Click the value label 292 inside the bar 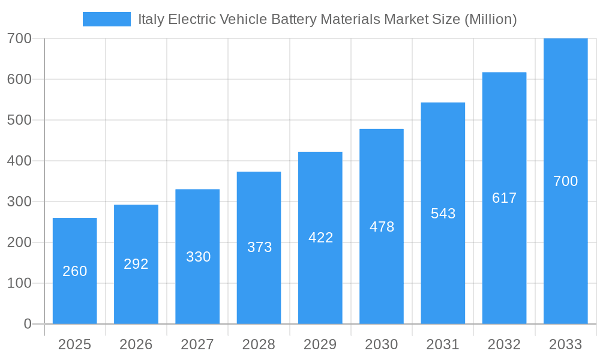pyautogui.click(x=136, y=264)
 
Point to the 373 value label pyautogui.click(x=260, y=247)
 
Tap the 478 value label pyautogui.click(x=382, y=227)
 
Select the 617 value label pyautogui.click(x=504, y=198)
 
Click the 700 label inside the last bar pyautogui.click(x=565, y=181)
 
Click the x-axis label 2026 pyautogui.click(x=136, y=344)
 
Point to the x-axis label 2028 pyautogui.click(x=259, y=344)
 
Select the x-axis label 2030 pyautogui.click(x=382, y=344)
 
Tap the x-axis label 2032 pyautogui.click(x=504, y=344)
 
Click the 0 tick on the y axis pyautogui.click(x=28, y=324)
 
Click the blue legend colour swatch pyautogui.click(x=107, y=19)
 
